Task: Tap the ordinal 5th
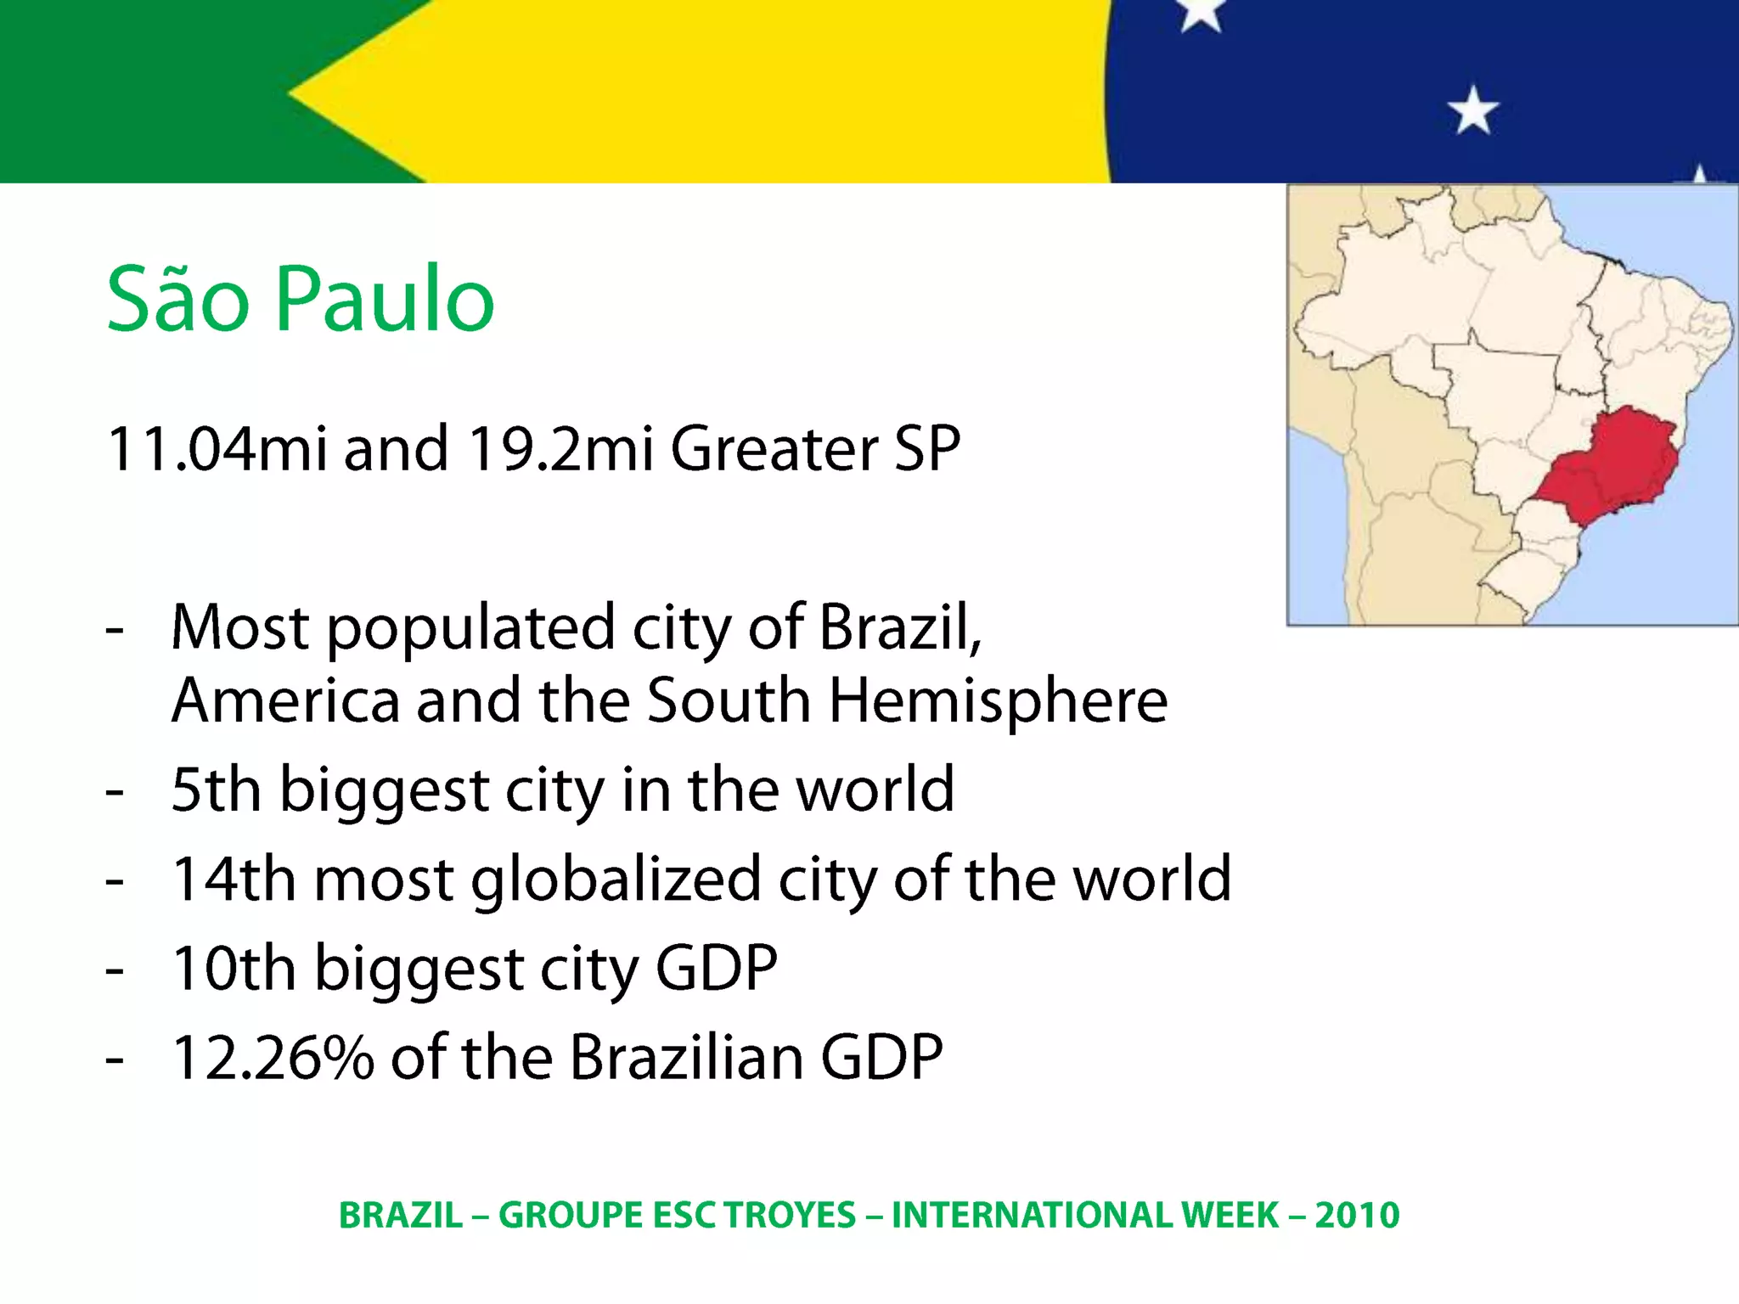pos(216,790)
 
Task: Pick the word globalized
pos(616,880)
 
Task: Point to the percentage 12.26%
pos(273,1058)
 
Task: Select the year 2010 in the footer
pos(1357,1216)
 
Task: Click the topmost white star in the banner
pos(1201,12)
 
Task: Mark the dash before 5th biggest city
pos(115,791)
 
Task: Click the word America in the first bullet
pos(285,701)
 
